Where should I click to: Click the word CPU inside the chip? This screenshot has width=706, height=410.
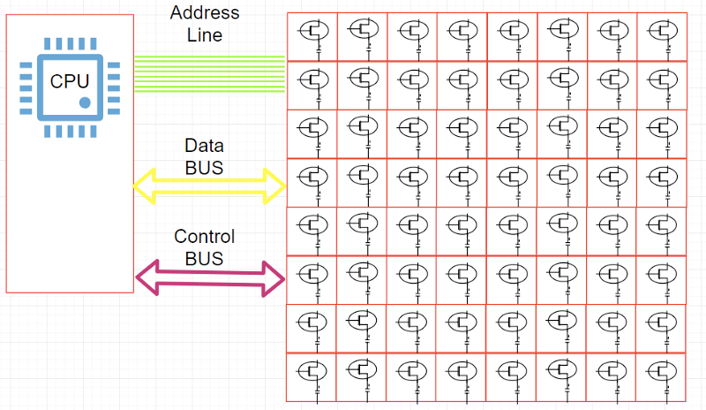click(x=69, y=82)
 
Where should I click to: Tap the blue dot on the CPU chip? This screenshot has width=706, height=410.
click(x=86, y=102)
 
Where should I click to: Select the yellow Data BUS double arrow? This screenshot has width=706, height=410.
click(x=210, y=185)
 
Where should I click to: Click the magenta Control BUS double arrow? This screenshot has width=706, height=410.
click(x=210, y=279)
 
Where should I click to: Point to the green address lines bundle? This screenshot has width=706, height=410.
click(x=210, y=74)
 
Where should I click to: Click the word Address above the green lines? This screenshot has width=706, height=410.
click(x=205, y=13)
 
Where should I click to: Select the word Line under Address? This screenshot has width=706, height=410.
click(x=205, y=35)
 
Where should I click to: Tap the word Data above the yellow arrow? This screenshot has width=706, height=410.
click(x=204, y=145)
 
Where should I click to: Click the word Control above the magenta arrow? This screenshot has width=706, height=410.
click(x=205, y=237)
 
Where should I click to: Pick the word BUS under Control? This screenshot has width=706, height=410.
click(x=205, y=259)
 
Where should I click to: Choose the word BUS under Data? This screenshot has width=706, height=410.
click(x=204, y=167)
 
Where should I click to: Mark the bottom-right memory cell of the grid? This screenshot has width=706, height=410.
click(x=661, y=377)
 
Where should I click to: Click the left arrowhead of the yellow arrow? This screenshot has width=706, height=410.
click(x=143, y=185)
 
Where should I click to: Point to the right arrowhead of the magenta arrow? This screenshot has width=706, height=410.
click(x=275, y=279)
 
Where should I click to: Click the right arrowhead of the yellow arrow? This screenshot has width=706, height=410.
click(x=277, y=185)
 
